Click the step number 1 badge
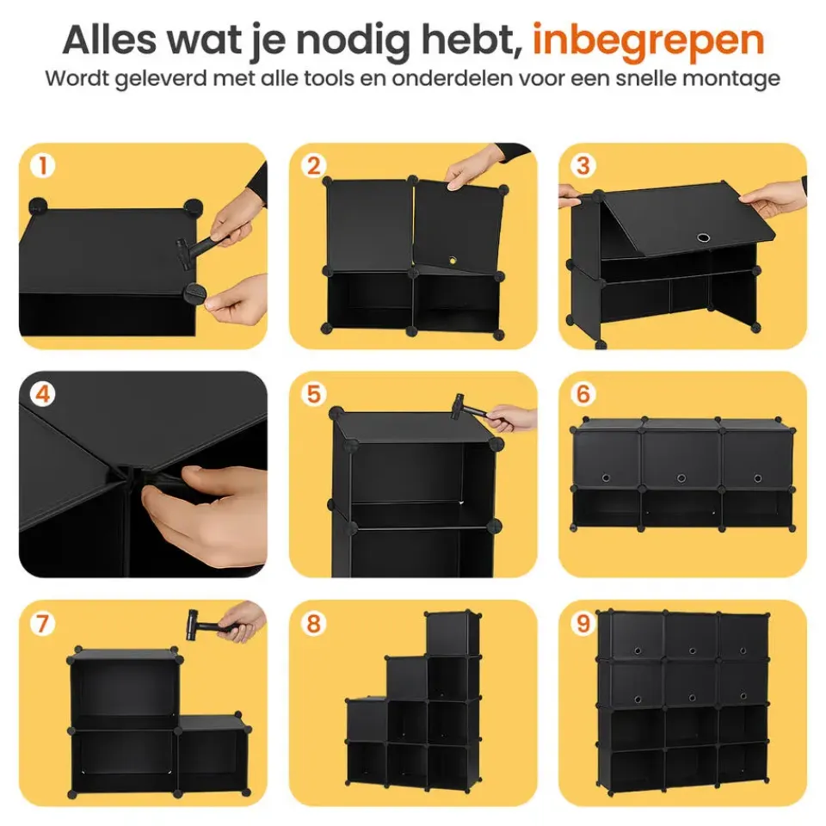(x=41, y=166)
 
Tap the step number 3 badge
(x=583, y=166)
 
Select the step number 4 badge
(x=41, y=395)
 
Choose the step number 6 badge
(x=583, y=395)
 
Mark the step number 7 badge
(x=41, y=624)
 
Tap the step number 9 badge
(x=583, y=624)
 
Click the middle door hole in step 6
(x=681, y=478)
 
